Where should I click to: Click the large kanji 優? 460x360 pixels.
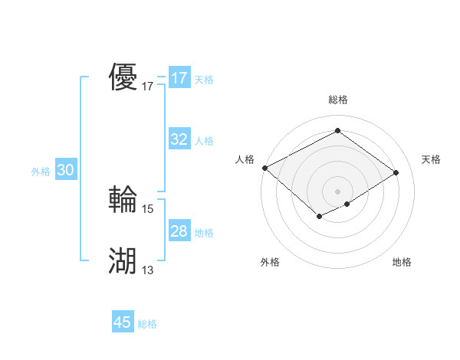(x=123, y=78)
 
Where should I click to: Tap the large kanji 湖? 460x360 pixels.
(x=123, y=261)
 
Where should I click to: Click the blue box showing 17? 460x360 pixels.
(x=179, y=78)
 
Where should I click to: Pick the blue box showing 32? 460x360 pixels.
(x=179, y=139)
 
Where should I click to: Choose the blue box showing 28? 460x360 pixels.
(x=179, y=231)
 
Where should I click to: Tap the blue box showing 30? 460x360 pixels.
(x=65, y=171)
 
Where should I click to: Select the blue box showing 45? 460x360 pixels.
(x=123, y=322)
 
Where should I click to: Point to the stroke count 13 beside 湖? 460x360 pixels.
(x=148, y=270)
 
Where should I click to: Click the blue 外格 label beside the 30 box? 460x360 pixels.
(x=41, y=172)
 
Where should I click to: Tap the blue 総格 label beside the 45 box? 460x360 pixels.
(x=147, y=324)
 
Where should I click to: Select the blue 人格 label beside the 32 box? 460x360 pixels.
(x=204, y=141)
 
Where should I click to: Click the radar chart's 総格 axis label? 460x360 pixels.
(x=337, y=100)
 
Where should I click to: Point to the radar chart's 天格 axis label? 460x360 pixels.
(x=431, y=159)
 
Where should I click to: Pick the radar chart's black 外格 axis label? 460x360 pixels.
(x=270, y=262)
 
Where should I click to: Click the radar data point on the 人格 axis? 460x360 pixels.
(x=264, y=168)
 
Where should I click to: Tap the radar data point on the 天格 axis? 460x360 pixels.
(x=396, y=172)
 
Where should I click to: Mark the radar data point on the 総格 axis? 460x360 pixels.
(x=337, y=131)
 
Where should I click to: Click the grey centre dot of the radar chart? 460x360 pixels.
(x=337, y=191)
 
